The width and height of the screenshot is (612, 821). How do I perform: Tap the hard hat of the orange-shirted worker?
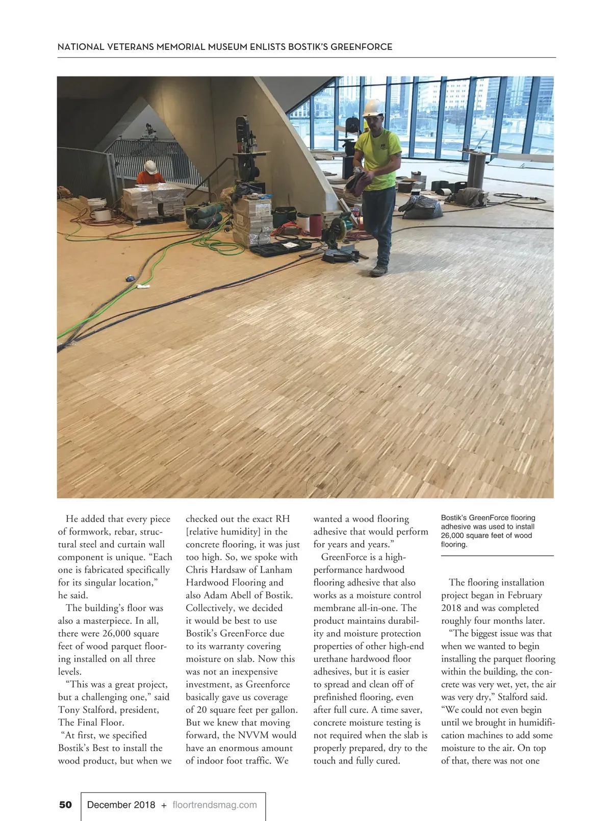tap(150, 166)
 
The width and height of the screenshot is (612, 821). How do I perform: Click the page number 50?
tap(66, 805)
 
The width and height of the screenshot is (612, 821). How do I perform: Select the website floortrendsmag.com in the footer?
tap(215, 805)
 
